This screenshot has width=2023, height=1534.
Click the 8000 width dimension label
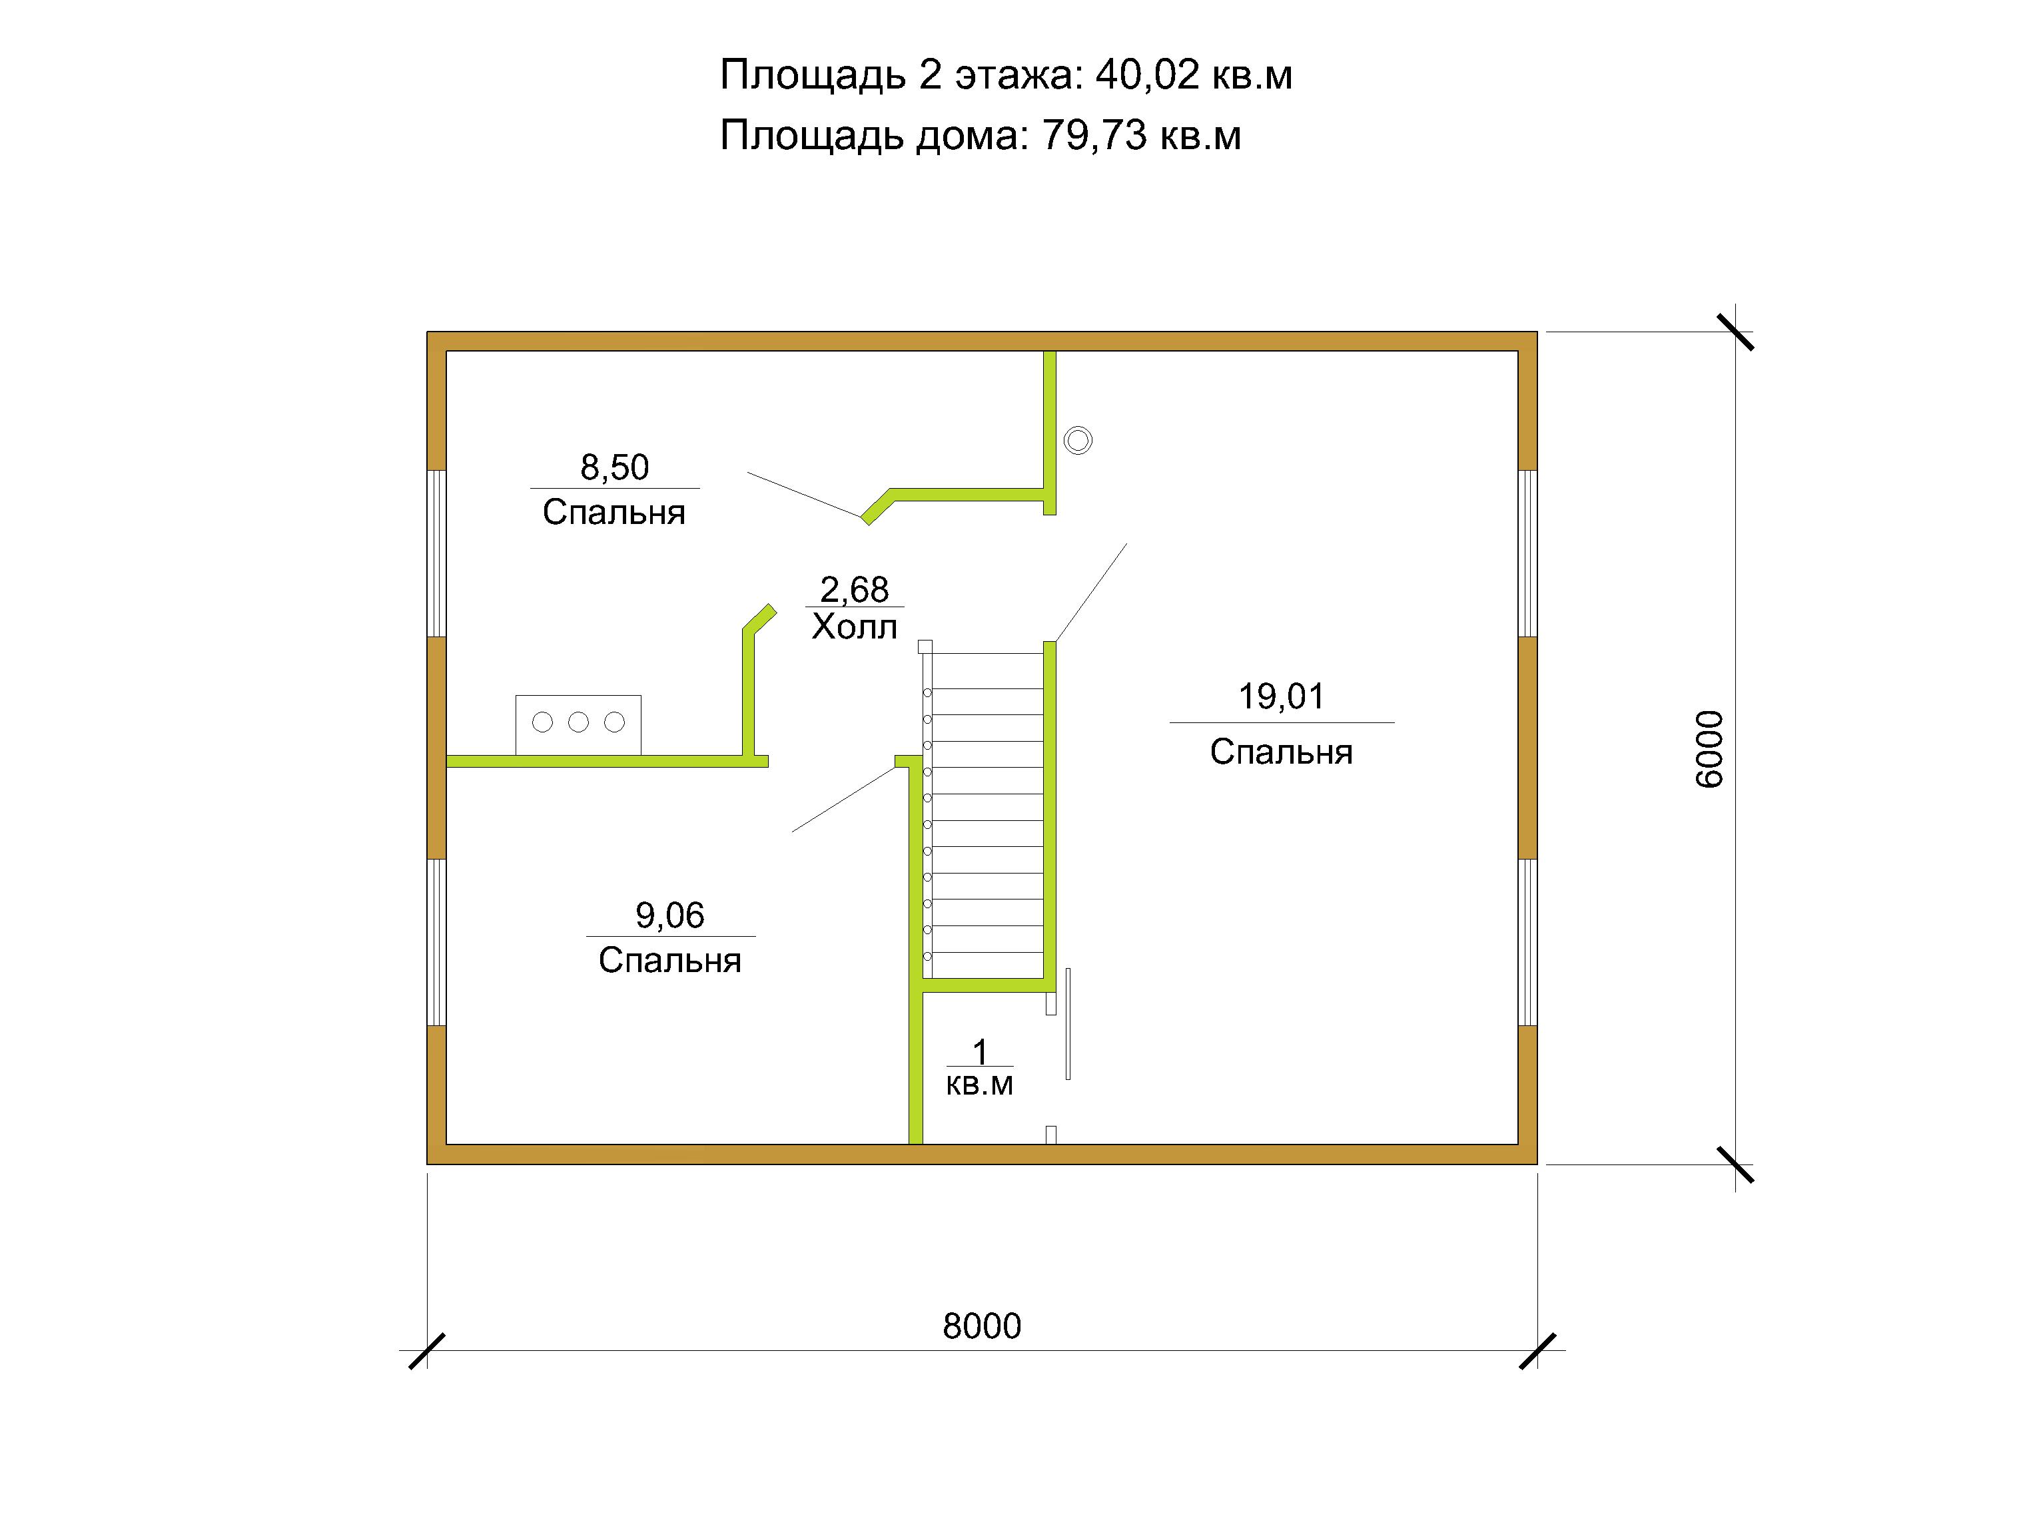tap(981, 1326)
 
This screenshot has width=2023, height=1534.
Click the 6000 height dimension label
tap(1709, 749)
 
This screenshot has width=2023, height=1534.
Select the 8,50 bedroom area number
tap(615, 467)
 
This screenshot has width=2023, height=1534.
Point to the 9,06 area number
tap(669, 915)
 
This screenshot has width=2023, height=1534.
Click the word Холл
tap(854, 627)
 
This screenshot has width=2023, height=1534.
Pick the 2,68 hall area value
tap(854, 590)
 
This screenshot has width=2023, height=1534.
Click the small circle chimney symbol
tap(1078, 441)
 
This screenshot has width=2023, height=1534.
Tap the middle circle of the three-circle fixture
tap(578, 722)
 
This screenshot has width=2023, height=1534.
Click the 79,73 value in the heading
tap(1094, 135)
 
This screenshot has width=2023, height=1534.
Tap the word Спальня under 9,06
tap(669, 961)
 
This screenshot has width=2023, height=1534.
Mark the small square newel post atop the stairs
tap(925, 646)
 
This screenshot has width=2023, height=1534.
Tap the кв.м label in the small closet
tap(979, 1085)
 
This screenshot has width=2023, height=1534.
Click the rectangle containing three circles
tap(578, 726)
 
